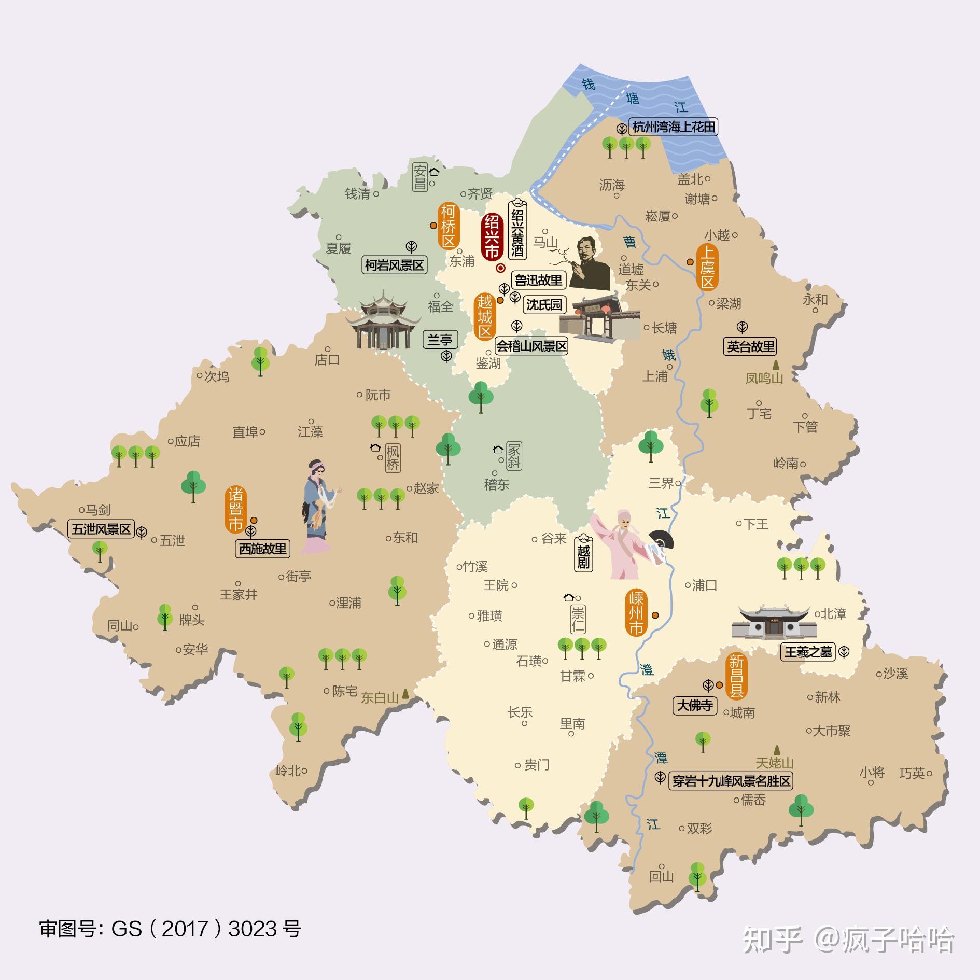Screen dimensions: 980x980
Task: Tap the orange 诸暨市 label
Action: [x=235, y=509]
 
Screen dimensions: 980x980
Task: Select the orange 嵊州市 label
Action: [x=636, y=613]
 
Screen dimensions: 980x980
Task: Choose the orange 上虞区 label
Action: [x=708, y=267]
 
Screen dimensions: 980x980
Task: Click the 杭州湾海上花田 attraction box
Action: [x=674, y=127]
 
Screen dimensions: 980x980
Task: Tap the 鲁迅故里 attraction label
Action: [x=538, y=280]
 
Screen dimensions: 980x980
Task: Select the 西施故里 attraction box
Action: [x=262, y=549]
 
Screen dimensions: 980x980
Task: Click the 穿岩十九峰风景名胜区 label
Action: [x=731, y=781]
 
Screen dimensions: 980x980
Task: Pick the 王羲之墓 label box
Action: [x=808, y=651]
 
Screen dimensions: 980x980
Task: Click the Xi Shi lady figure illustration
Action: [x=317, y=506]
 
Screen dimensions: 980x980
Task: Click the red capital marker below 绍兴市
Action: [x=501, y=268]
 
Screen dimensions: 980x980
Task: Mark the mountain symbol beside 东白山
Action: [x=405, y=692]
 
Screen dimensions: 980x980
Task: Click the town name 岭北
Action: [x=288, y=771]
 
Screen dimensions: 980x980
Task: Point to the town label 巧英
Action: [x=912, y=773]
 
